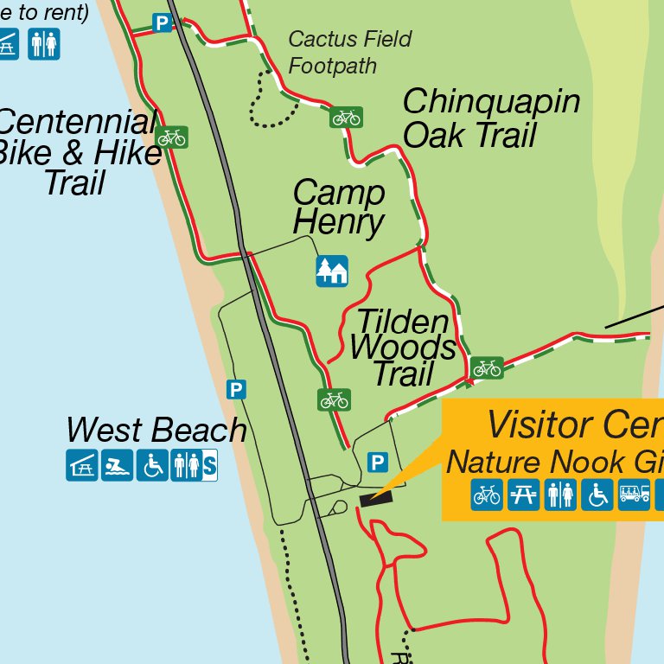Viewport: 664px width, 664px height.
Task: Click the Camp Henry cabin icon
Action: [332, 271]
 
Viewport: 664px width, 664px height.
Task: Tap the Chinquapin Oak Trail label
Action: [489, 118]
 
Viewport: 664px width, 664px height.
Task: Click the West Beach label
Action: [156, 430]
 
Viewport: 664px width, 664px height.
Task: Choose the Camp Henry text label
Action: [338, 207]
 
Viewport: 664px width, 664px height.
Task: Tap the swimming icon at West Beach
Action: [118, 466]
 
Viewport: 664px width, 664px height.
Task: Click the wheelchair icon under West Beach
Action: [153, 466]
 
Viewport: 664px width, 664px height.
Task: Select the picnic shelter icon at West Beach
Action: [82, 466]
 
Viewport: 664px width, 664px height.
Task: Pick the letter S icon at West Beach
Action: [209, 466]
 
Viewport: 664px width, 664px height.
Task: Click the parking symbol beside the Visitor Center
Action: [377, 463]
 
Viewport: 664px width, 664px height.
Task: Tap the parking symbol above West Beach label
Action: [236, 390]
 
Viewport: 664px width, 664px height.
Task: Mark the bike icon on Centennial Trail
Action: [172, 137]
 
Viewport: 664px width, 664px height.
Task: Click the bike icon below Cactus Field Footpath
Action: [346, 117]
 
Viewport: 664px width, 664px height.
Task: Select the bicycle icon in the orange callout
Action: [487, 495]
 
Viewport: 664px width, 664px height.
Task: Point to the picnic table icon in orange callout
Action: [524, 495]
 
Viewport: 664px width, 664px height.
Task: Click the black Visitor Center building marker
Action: [376, 498]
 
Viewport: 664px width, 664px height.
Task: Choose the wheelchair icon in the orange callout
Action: [597, 495]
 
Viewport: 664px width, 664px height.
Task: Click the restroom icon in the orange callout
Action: [560, 495]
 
